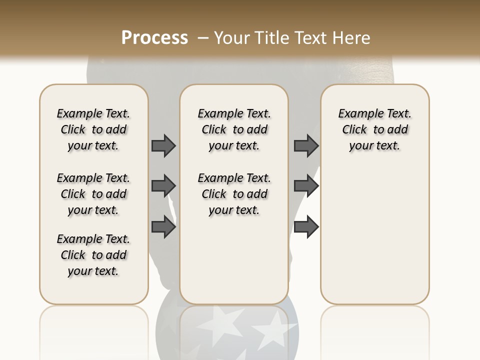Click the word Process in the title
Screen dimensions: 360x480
tap(154, 38)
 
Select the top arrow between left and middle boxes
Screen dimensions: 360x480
tap(163, 145)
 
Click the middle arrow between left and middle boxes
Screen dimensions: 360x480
tap(163, 186)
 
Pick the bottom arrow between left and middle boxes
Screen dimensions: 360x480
tap(163, 227)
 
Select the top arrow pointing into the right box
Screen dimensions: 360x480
tap(306, 145)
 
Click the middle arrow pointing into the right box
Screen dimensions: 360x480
tap(306, 186)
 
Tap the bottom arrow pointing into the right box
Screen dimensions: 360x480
tap(306, 227)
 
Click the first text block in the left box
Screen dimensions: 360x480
tap(93, 129)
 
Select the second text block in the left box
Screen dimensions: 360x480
tap(93, 194)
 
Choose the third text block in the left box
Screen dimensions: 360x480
tap(93, 255)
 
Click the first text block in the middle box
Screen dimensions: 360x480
tap(234, 129)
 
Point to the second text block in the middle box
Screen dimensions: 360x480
tap(234, 194)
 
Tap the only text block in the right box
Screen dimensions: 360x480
tap(375, 129)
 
